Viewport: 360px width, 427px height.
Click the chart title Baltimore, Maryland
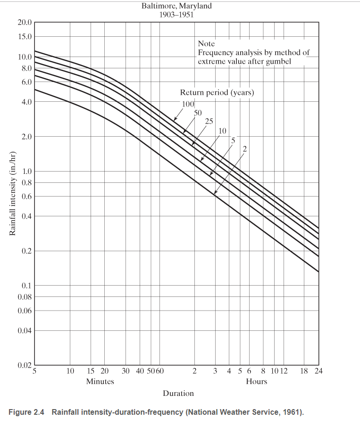click(x=176, y=6)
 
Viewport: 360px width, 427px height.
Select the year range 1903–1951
click(x=176, y=14)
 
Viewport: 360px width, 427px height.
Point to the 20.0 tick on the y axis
click(x=25, y=23)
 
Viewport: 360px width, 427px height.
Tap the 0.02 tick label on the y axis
click(x=25, y=366)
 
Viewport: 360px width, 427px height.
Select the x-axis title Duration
click(x=178, y=393)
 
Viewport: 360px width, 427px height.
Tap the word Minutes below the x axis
click(x=100, y=381)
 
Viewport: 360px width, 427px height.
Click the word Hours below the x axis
click(x=256, y=381)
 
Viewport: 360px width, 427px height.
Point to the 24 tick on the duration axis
click(x=318, y=371)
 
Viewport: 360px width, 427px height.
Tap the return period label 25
click(x=209, y=121)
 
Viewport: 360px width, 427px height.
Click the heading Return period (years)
click(x=217, y=92)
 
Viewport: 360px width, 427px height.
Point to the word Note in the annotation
click(x=206, y=44)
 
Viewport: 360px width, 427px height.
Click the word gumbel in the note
click(x=279, y=61)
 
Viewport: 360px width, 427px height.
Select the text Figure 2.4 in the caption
click(x=26, y=412)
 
